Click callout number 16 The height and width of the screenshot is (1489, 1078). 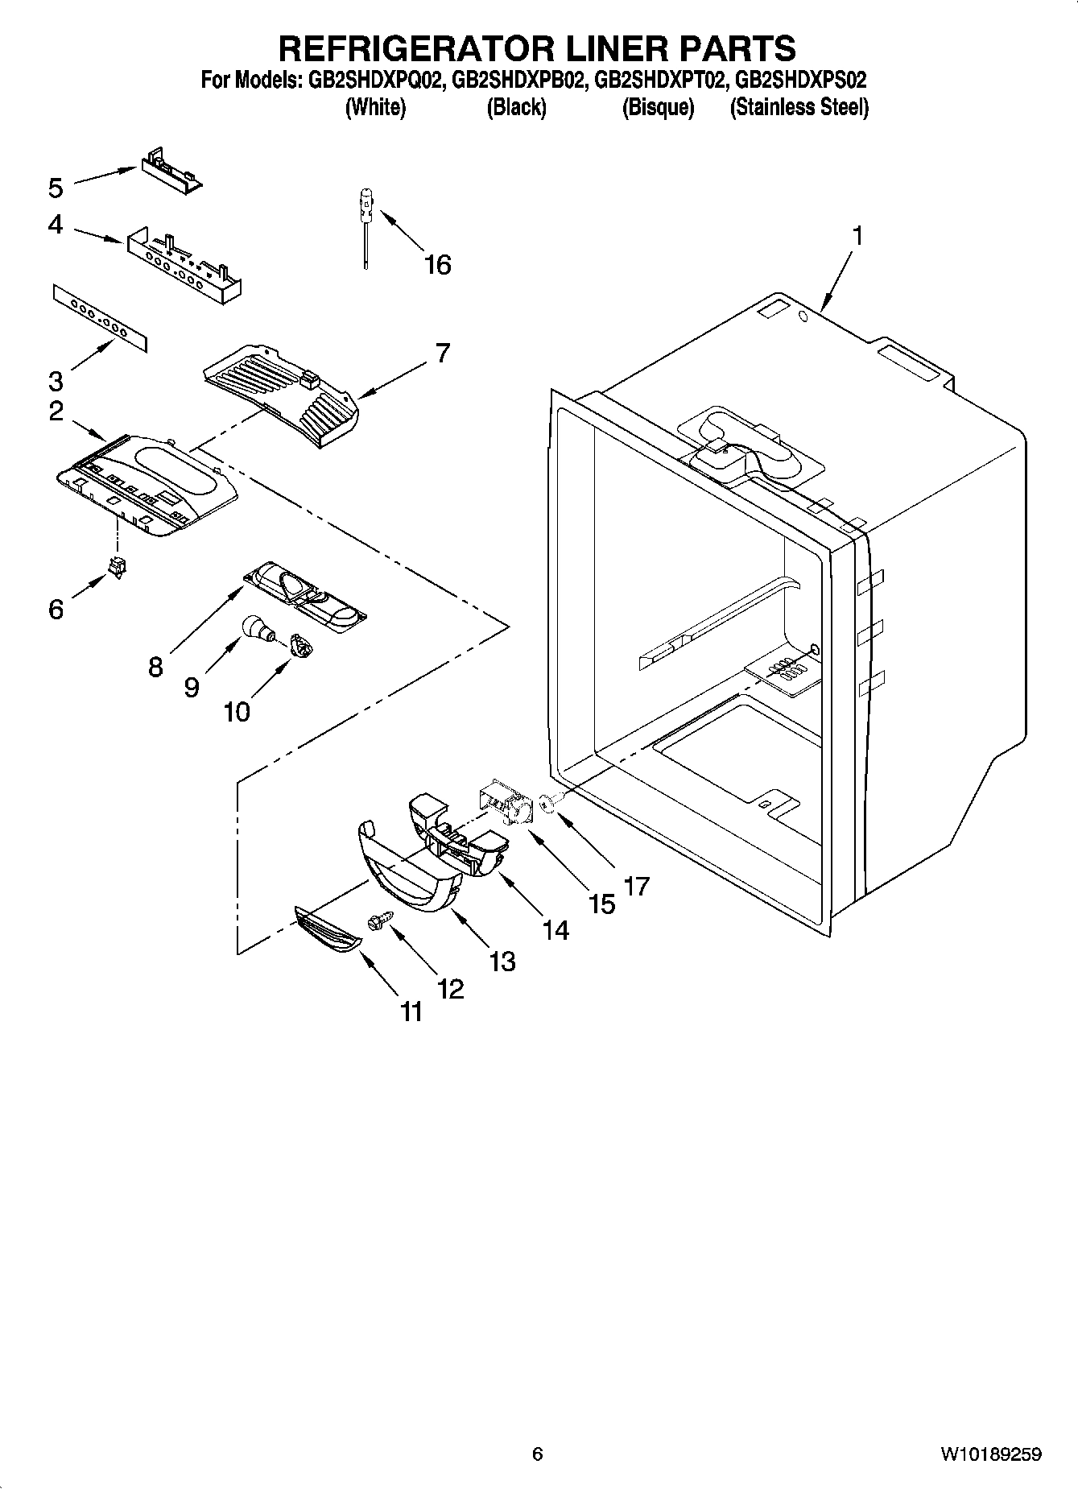(x=438, y=264)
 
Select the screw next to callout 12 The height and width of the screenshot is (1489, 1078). (x=378, y=920)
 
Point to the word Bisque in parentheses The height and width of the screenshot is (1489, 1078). (x=658, y=107)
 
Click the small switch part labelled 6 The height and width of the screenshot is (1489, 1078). (x=118, y=567)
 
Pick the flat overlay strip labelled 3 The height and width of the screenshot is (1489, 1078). (x=101, y=318)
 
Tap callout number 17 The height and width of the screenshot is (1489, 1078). (x=636, y=887)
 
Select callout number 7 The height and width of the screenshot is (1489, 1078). (x=443, y=353)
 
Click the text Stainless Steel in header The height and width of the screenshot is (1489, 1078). (x=799, y=107)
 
